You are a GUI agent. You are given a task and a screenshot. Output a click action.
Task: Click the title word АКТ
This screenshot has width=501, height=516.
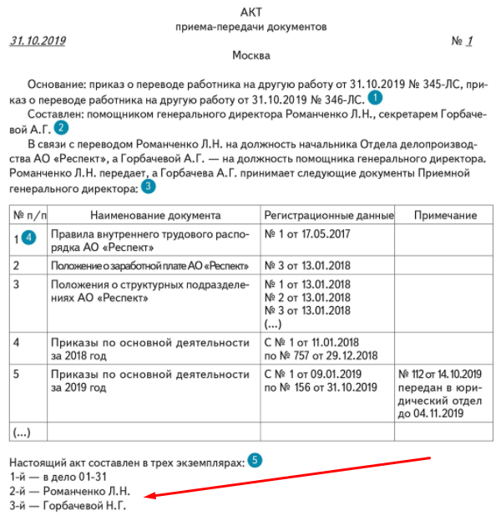tap(250, 12)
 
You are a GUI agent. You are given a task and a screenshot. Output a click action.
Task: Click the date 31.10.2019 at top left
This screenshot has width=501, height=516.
tap(38, 41)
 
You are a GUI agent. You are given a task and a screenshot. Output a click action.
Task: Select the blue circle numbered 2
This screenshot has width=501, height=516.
tap(61, 128)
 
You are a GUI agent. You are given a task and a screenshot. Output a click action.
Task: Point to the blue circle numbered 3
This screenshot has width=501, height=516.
tap(149, 186)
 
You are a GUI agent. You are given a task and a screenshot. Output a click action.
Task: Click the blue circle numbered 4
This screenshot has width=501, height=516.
tap(29, 238)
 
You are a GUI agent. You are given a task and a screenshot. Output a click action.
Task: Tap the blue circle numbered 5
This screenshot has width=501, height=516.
tap(255, 460)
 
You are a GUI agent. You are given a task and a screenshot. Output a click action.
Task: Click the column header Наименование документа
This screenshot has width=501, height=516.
tap(154, 216)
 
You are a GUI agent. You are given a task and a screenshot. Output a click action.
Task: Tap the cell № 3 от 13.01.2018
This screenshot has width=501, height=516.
tap(306, 266)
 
